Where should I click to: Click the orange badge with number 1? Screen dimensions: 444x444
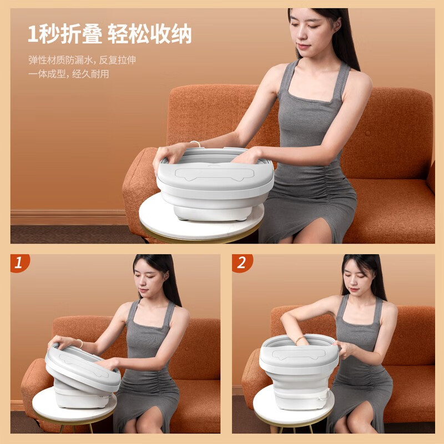[19, 263]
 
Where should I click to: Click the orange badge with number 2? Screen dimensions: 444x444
[242, 263]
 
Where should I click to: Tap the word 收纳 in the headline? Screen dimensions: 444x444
[171, 34]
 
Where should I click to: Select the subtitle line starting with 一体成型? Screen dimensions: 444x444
[68, 74]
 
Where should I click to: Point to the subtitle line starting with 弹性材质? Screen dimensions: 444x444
[82, 60]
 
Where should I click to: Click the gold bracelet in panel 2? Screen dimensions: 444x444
[299, 339]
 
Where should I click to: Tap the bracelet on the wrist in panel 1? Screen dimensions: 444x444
[80, 343]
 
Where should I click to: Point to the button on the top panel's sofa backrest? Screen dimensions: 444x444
[367, 133]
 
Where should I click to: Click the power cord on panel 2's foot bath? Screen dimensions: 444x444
[323, 396]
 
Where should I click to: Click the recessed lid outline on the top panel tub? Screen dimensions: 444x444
[214, 174]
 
